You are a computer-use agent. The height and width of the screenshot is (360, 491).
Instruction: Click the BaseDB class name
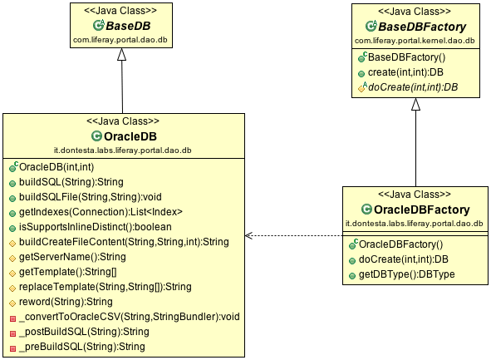[128, 26]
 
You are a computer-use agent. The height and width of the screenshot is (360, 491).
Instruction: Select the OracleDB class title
[130, 136]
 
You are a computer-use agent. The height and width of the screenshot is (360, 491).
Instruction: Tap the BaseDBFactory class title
[422, 27]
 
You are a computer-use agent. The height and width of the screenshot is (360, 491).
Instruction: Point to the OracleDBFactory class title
[421, 210]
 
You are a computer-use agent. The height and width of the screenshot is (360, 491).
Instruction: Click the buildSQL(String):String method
[71, 182]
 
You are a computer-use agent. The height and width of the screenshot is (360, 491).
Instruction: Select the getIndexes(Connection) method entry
[101, 212]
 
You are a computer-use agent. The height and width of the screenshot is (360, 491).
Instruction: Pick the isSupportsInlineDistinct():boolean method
[96, 227]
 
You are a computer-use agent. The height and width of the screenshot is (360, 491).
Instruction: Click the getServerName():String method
[72, 257]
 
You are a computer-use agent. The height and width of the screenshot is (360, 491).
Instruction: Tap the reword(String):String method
[66, 302]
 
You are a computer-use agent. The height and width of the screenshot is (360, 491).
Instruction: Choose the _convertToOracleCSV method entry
[130, 317]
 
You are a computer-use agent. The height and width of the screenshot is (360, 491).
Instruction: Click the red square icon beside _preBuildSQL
[12, 348]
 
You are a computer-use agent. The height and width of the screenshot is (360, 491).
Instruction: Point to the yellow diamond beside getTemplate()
[12, 274]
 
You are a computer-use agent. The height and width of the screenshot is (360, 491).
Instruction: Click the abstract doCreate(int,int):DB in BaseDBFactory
[413, 87]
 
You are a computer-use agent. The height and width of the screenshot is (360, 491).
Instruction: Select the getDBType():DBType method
[406, 274]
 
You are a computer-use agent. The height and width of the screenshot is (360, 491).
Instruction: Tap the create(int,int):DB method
[405, 72]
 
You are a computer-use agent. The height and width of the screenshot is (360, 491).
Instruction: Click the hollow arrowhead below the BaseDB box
[122, 54]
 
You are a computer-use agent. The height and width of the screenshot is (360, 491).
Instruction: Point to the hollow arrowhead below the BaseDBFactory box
[416, 104]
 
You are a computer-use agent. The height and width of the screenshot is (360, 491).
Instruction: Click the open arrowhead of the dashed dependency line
[248, 235]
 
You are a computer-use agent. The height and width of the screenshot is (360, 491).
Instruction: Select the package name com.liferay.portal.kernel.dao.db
[415, 41]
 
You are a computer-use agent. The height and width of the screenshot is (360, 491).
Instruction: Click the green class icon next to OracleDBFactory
[366, 209]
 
